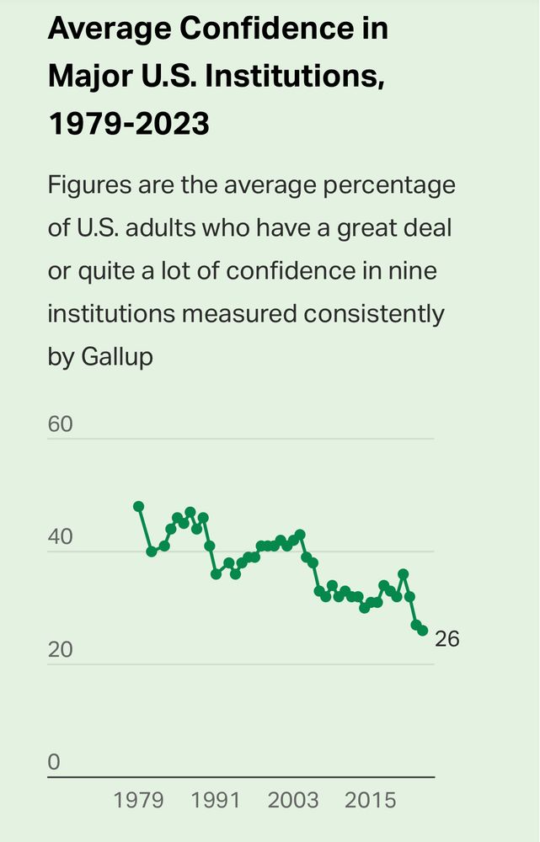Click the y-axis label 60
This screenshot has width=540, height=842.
click(x=61, y=424)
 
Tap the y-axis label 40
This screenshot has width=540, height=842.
click(x=61, y=537)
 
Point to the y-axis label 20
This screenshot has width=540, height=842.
click(x=61, y=650)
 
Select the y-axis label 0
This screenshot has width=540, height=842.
click(x=55, y=763)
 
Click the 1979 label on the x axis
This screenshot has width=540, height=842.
click(x=139, y=800)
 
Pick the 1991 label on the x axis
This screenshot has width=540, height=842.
click(x=217, y=800)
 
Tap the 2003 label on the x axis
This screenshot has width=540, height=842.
click(x=293, y=800)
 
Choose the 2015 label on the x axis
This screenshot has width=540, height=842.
click(x=371, y=800)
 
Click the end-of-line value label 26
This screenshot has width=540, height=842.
click(x=447, y=639)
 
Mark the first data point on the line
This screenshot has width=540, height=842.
click(x=139, y=506)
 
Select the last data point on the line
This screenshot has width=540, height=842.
click(x=422, y=631)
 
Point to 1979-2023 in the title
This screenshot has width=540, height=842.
click(x=128, y=125)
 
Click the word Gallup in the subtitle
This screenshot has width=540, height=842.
click(x=117, y=356)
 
